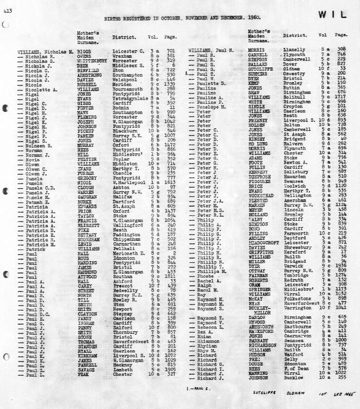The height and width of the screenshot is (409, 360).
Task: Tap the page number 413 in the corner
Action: click(x=7, y=10)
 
